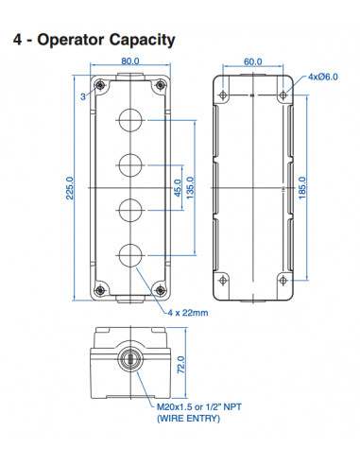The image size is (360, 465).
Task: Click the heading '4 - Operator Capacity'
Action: (93, 40)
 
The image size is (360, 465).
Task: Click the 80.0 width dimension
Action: (129, 62)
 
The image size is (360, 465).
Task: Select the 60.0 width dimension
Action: (252, 62)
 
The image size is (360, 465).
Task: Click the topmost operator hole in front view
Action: (129, 121)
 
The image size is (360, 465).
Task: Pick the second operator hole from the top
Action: (129, 164)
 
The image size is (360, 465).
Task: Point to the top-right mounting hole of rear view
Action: (284, 95)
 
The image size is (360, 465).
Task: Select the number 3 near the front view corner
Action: (83, 96)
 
